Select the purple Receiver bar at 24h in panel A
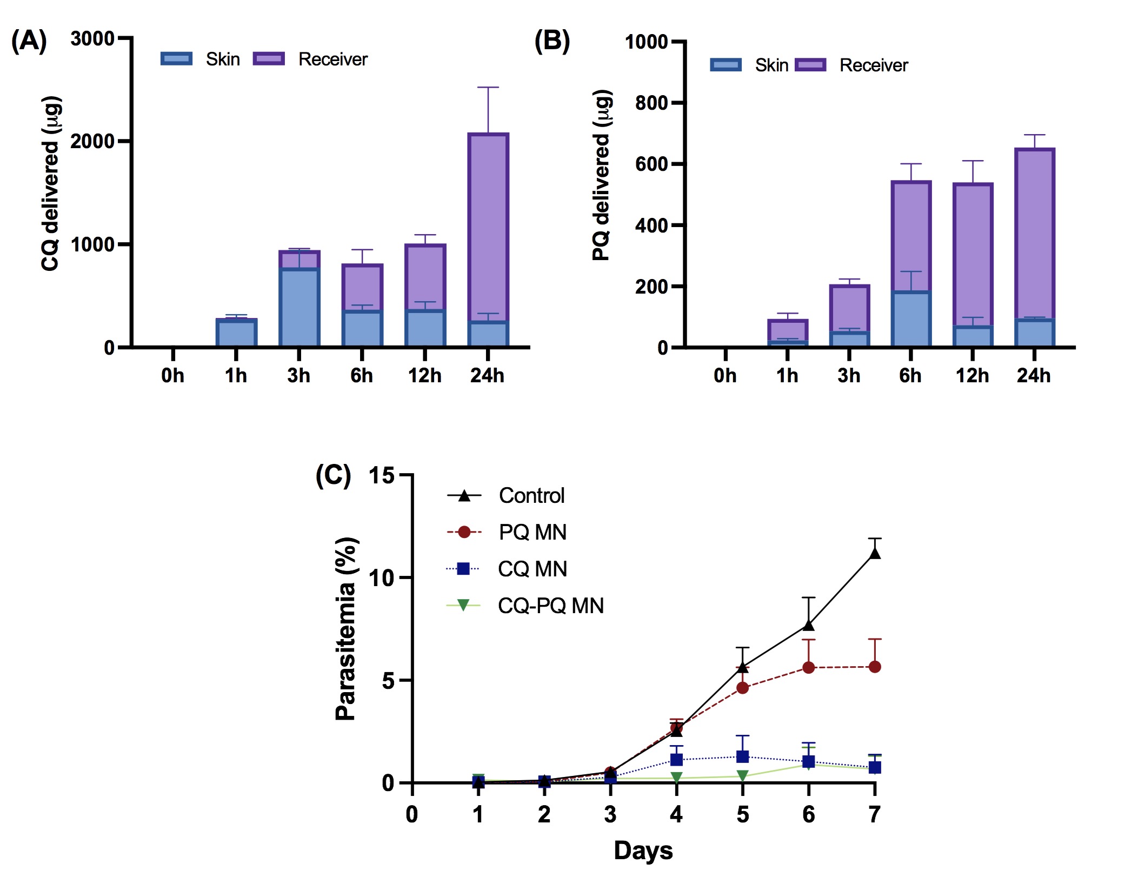pyautogui.click(x=488, y=227)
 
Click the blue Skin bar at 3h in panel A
pyautogui.click(x=299, y=307)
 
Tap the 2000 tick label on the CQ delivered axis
pyautogui.click(x=92, y=141)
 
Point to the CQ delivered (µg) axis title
pyautogui.click(x=51, y=184)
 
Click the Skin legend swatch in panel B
pyautogui.click(x=726, y=65)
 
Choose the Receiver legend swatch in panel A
pyautogui.click(x=269, y=59)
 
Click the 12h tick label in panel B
pyautogui.click(x=972, y=375)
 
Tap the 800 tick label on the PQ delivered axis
pyautogui.click(x=651, y=103)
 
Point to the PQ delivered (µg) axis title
pyautogui.click(x=602, y=176)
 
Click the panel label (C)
pyautogui.click(x=333, y=476)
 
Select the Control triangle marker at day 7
pyautogui.click(x=874, y=554)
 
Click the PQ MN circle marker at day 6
pyautogui.click(x=808, y=668)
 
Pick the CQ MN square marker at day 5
pyautogui.click(x=742, y=756)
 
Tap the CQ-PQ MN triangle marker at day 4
pyautogui.click(x=676, y=778)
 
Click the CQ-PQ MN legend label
pyautogui.click(x=550, y=606)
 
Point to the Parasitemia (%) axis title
pyautogui.click(x=346, y=629)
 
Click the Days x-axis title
pyautogui.click(x=643, y=851)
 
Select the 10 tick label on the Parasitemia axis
pyautogui.click(x=382, y=578)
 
